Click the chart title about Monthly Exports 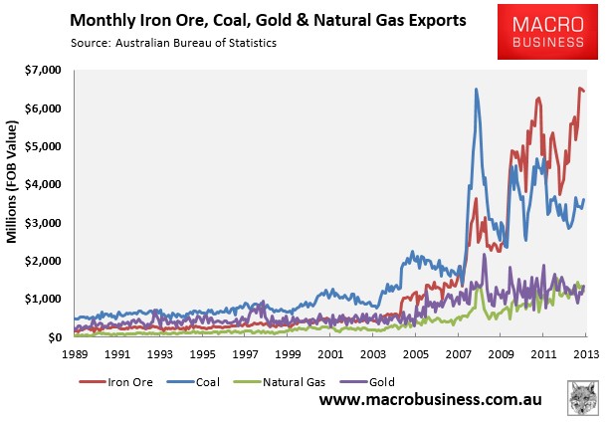pos(268,20)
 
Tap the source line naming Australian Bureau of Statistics pos(173,43)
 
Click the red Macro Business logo pos(547,32)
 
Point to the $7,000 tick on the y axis pos(43,71)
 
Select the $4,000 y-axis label pos(43,184)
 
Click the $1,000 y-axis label pos(43,299)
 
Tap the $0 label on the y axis pos(55,337)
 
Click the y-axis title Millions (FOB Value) pos(12,182)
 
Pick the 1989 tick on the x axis pos(75,354)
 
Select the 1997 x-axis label pos(245,354)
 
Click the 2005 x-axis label pos(415,354)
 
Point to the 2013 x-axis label pos(585,354)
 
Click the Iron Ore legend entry pos(115,382)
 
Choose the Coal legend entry pos(193,382)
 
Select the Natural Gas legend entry pos(280,382)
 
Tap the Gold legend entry pos(367,382)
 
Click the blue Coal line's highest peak pos(476,89)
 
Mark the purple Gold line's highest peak pos(485,254)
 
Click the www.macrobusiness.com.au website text pos(431,400)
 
